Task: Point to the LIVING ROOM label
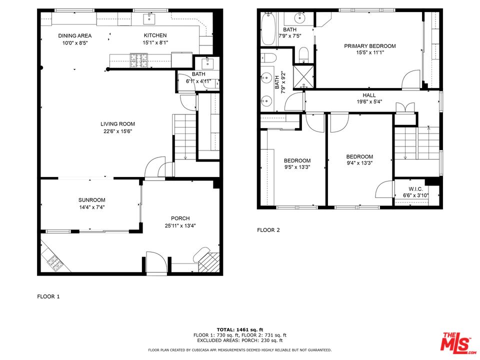point(117,124)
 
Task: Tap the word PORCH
point(180,218)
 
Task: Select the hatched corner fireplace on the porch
point(210,261)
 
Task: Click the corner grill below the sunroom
point(52,260)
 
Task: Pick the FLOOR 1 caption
point(48,296)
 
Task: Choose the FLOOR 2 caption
point(268,230)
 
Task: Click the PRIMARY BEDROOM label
point(369,46)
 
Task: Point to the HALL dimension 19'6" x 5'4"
point(369,102)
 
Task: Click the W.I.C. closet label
point(415,189)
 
